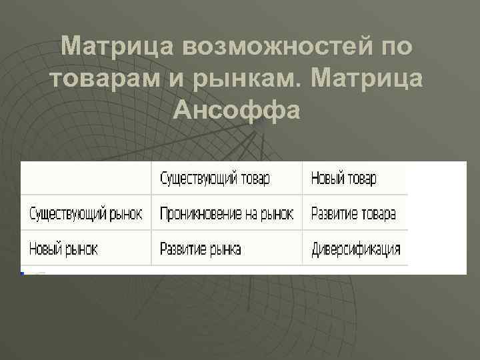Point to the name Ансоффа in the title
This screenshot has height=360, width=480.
(236, 109)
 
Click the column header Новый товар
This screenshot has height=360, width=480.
(343, 179)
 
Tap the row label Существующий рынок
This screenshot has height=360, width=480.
(85, 214)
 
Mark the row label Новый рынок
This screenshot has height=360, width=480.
(63, 249)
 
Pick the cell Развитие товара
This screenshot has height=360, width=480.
(353, 214)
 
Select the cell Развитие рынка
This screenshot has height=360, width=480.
(200, 249)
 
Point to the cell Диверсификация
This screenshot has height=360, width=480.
(356, 249)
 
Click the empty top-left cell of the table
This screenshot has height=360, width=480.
(85, 179)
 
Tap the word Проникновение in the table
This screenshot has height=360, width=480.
(201, 214)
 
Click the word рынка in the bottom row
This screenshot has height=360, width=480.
(224, 249)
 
